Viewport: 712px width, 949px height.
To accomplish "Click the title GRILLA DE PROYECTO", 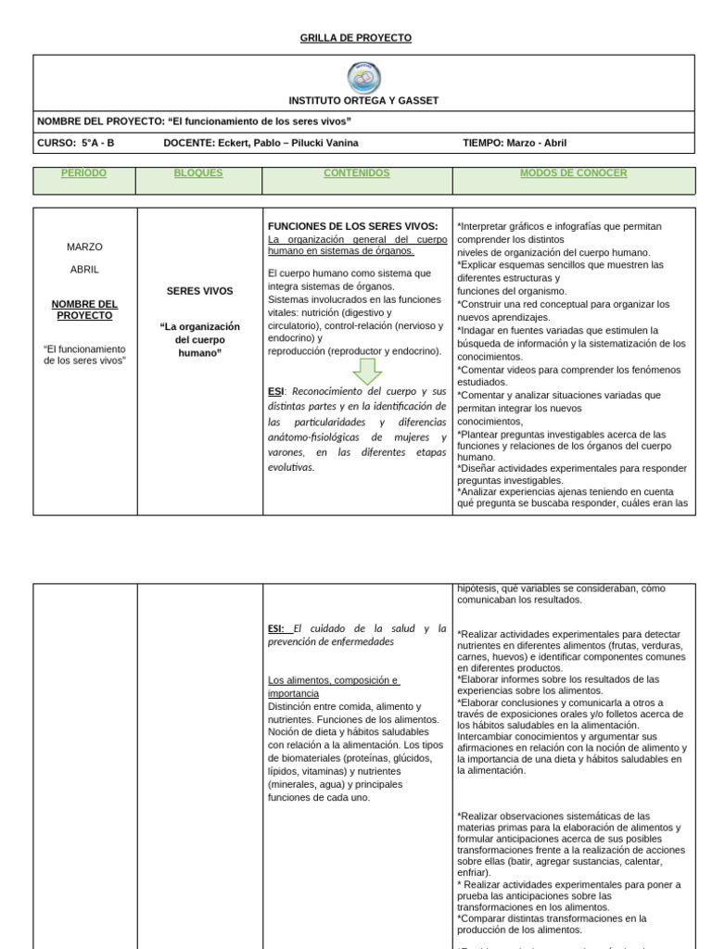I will [x=356, y=38].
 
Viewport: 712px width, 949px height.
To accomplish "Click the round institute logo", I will [x=363, y=78].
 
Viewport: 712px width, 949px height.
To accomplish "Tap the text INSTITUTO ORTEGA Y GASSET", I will [x=363, y=100].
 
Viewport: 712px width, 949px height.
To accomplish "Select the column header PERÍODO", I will [x=83, y=173].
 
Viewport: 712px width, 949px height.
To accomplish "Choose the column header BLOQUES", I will [x=198, y=173].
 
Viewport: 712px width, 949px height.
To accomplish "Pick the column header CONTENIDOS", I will [x=357, y=173].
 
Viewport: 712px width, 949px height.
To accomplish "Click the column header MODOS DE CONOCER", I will [x=573, y=173].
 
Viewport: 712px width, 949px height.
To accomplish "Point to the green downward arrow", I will [x=367, y=371].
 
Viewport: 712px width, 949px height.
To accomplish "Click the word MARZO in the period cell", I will [x=84, y=247].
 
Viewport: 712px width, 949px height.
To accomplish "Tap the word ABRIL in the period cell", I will [x=84, y=270].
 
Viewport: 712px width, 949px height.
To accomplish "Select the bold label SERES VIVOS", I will [x=199, y=291].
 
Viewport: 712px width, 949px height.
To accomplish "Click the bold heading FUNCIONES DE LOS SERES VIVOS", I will [x=352, y=226].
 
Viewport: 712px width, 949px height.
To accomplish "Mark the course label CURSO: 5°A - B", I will [x=76, y=143].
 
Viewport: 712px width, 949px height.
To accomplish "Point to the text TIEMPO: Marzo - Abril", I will [x=515, y=143].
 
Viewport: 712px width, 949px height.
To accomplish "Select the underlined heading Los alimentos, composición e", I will [x=333, y=680].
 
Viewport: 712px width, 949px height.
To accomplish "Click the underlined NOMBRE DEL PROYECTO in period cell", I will [x=84, y=310].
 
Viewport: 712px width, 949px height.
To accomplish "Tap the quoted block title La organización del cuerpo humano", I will [x=199, y=339].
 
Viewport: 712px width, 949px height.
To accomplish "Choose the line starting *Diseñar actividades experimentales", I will [x=572, y=468].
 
